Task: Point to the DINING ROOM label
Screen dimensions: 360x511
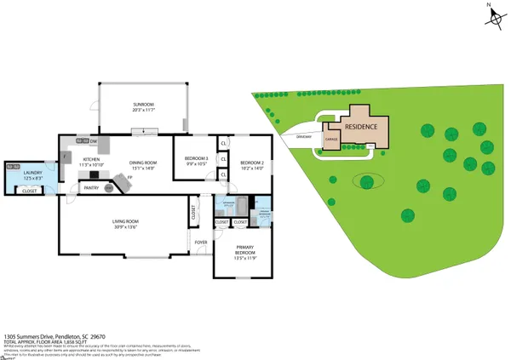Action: point(143,165)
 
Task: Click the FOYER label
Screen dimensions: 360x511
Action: point(201,243)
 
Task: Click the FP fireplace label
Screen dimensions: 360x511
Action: point(118,176)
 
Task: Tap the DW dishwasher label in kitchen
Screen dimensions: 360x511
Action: point(93,141)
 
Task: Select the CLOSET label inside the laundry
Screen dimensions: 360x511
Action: point(31,191)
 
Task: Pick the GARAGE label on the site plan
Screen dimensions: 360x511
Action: point(332,139)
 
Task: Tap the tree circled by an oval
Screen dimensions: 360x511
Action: point(367,180)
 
